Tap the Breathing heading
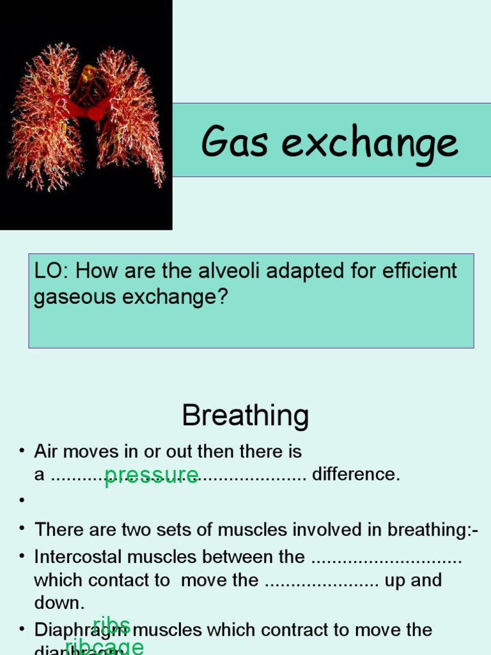[245, 416]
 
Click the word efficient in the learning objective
[420, 271]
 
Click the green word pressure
[151, 475]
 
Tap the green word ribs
[111, 625]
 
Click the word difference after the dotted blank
[355, 475]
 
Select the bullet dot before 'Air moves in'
[22, 452]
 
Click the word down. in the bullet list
[59, 603]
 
